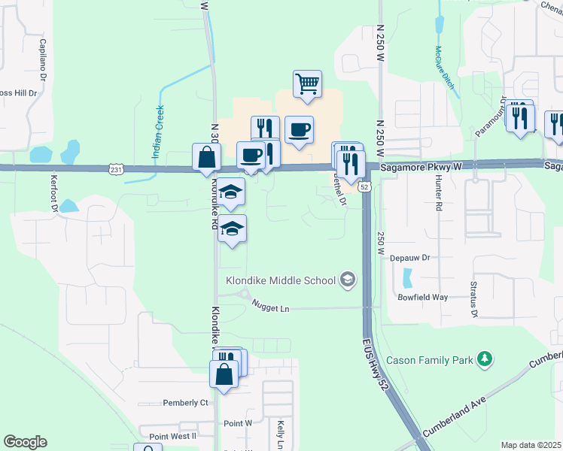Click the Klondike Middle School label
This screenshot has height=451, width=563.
point(281,281)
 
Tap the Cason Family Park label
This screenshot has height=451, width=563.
point(431,360)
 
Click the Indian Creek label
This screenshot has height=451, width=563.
point(158,131)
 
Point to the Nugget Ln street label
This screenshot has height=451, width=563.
point(271,308)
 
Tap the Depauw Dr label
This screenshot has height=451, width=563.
point(409,257)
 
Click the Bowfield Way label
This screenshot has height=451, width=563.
point(422,297)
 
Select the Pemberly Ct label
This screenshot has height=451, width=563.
point(184,403)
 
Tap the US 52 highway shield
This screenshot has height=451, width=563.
point(364,186)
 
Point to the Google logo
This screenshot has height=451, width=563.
point(25,442)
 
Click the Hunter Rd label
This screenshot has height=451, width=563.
point(437,195)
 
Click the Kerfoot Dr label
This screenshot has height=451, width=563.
point(53,192)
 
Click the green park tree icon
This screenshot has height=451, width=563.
point(486,359)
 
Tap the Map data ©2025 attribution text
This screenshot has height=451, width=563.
point(531,445)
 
